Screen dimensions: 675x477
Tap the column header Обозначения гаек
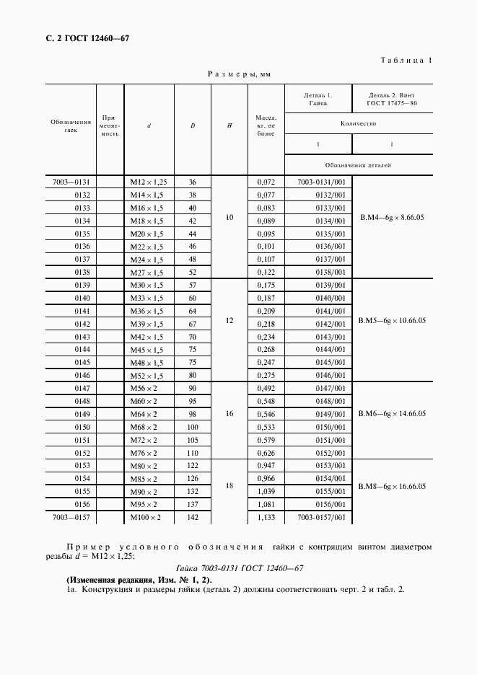coord(71,127)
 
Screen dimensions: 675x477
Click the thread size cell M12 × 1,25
coord(149,182)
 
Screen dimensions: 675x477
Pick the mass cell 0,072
coord(266,182)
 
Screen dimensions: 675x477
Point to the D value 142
coord(193,517)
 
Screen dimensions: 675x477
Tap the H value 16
coord(229,414)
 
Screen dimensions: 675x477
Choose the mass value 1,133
coord(266,517)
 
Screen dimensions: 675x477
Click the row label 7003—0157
coord(71,517)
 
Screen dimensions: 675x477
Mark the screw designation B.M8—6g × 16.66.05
coord(393,487)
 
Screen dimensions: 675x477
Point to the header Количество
coord(359,124)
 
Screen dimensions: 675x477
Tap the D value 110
coord(193,453)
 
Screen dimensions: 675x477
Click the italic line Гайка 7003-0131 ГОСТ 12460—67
coord(238,568)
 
